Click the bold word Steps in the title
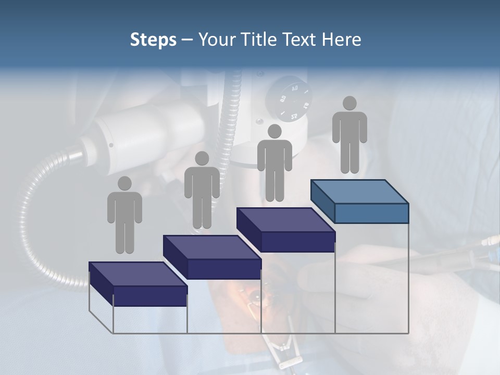153,40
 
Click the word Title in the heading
259,40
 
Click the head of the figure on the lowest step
124,183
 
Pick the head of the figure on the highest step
349,103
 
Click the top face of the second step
211,247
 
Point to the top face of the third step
285,219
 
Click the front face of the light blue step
371,213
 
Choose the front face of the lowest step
150,296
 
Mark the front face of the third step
297,242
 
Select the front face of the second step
224,269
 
